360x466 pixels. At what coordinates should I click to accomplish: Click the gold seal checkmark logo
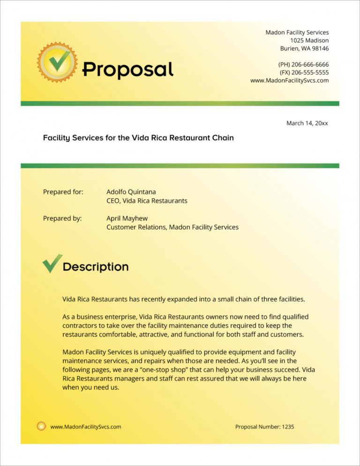point(57,62)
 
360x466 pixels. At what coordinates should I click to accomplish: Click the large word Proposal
point(128,70)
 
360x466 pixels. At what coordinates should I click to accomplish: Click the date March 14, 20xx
point(307,123)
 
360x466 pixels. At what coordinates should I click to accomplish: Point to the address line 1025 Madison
point(309,40)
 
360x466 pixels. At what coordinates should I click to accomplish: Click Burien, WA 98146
point(304,48)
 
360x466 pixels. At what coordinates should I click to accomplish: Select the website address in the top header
point(289,80)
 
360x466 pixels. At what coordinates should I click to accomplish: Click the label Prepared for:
point(63,192)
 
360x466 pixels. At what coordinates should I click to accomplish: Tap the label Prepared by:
point(62,218)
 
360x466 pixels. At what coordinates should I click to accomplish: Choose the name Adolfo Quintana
point(131,192)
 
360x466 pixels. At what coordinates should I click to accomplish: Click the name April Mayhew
point(127,218)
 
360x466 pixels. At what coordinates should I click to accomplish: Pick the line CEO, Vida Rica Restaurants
point(147,201)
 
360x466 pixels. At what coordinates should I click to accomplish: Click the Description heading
point(96,267)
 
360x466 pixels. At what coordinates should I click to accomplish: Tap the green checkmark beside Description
point(52,263)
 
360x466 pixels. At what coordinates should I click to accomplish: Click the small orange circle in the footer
point(41,426)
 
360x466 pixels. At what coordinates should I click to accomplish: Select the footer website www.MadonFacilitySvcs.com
point(86,427)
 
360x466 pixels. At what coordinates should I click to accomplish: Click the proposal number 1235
point(288,427)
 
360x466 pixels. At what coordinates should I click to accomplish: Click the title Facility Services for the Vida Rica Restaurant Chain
point(138,138)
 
